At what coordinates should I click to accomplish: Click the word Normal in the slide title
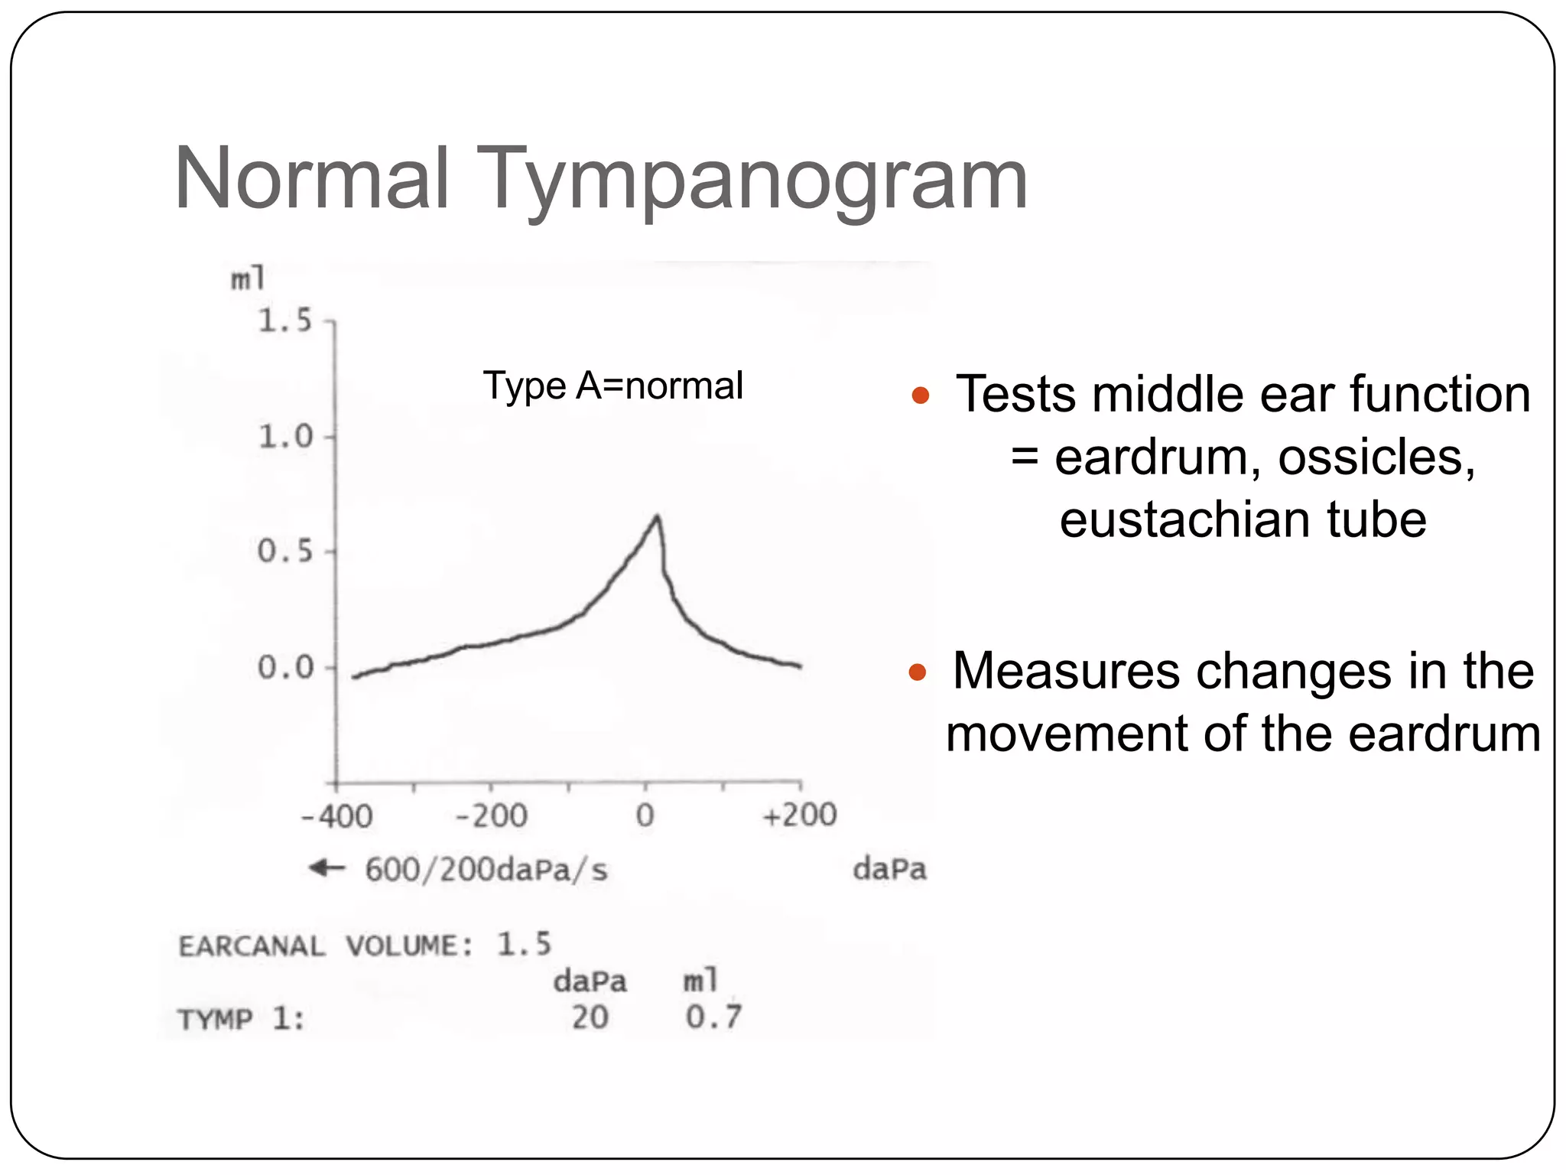311,180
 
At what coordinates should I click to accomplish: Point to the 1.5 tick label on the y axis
285,321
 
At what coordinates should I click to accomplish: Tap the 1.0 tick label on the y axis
285,437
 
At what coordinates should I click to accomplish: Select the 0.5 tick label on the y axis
285,552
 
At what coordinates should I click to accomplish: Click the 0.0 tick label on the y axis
285,668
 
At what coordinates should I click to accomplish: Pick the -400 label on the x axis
336,816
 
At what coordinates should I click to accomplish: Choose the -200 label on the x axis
491,816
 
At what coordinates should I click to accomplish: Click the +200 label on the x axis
800,815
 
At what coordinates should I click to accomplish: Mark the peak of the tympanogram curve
657,518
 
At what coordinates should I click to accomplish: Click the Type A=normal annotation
612,386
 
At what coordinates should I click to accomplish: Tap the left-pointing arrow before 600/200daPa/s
327,867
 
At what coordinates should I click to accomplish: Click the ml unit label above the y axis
249,278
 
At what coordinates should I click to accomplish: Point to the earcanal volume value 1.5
524,944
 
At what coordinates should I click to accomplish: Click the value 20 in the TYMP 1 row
590,1017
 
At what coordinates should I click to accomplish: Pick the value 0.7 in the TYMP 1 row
713,1017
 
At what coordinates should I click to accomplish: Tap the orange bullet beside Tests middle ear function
920,395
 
